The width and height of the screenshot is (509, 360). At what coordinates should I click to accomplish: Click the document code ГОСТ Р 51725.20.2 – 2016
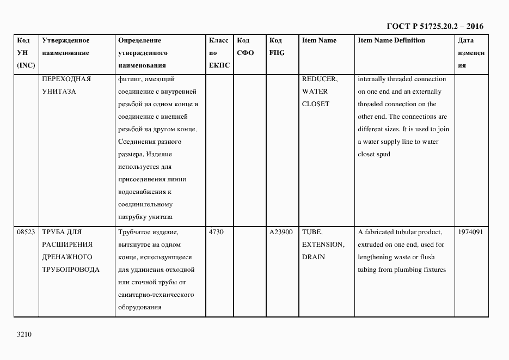click(435, 26)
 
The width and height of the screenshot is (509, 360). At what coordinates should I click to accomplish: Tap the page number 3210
click(25, 335)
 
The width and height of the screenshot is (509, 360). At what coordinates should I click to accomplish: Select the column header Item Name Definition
click(391, 41)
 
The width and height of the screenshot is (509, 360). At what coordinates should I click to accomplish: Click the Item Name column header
click(319, 41)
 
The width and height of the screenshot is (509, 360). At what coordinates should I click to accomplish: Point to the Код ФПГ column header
click(277, 47)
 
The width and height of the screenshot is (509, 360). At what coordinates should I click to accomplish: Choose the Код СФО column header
click(246, 47)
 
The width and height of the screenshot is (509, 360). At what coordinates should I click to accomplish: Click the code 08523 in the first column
click(26, 232)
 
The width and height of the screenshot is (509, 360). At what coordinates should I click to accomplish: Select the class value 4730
click(216, 232)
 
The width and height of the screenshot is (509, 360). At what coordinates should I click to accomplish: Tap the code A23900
click(281, 232)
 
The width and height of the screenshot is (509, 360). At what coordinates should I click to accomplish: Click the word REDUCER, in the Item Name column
click(320, 79)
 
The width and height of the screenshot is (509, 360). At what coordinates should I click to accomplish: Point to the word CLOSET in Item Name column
click(315, 104)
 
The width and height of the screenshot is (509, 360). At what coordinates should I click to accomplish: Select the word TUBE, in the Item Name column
click(312, 232)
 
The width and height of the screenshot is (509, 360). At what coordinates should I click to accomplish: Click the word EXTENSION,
click(323, 245)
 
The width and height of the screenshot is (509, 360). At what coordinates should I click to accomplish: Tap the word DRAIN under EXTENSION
click(313, 257)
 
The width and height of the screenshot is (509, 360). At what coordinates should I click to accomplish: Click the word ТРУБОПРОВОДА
click(71, 270)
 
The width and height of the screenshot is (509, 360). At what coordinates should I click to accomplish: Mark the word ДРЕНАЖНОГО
click(67, 257)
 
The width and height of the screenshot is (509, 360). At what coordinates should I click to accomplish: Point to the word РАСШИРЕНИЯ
click(67, 245)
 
